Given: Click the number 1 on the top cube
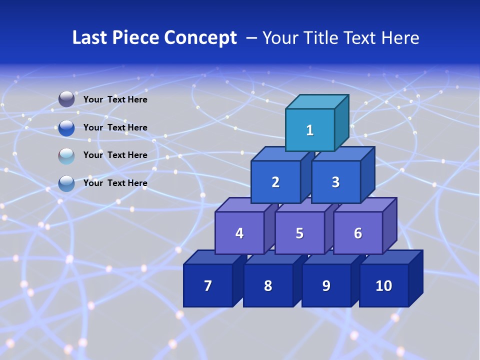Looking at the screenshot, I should [310, 130].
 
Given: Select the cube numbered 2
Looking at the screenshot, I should [275, 182].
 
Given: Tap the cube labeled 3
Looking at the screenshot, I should [335, 182].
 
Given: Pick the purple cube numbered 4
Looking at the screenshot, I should [239, 233].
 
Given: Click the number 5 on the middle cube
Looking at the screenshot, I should [299, 233].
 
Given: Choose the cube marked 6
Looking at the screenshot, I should [358, 233].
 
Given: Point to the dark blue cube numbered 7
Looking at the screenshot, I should [208, 285].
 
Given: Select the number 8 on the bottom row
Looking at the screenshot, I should [268, 285].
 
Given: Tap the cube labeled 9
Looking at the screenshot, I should [326, 285].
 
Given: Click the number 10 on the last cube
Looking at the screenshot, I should [384, 285].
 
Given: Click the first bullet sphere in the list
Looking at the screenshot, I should [66, 99].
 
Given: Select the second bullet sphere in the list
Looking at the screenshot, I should [66, 127].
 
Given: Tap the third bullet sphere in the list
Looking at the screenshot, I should [66, 155].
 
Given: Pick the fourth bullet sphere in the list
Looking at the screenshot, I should [66, 183].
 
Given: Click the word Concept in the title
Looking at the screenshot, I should [200, 38].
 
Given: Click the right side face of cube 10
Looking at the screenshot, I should [415, 278].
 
